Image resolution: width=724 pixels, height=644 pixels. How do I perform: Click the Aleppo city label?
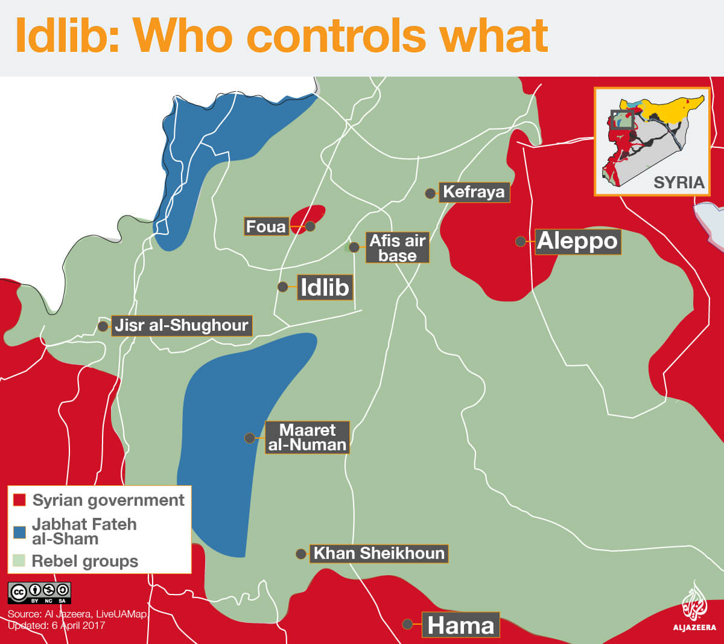click(577, 241)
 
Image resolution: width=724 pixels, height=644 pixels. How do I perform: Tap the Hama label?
click(461, 625)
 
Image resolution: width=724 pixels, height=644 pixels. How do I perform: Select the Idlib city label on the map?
click(325, 287)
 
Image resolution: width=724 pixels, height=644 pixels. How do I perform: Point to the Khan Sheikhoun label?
click(379, 553)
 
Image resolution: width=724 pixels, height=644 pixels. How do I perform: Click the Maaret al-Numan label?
click(307, 437)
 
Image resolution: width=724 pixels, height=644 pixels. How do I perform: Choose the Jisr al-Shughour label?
click(181, 325)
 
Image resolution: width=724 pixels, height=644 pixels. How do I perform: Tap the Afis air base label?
click(398, 247)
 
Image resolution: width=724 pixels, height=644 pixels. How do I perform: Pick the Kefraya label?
click(474, 192)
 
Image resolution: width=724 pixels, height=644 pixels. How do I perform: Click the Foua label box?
click(265, 226)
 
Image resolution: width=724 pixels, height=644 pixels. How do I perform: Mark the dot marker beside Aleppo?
click(520, 241)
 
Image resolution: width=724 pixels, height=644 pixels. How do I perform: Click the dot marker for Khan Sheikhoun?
click(300, 553)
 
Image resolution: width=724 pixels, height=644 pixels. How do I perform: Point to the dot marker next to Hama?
click(408, 624)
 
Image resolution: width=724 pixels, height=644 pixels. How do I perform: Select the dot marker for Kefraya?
click(430, 193)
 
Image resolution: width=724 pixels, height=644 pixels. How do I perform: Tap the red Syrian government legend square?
click(19, 500)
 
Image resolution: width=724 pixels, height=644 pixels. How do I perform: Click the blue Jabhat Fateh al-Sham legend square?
click(19, 532)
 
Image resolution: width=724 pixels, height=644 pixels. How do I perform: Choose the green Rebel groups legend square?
click(19, 561)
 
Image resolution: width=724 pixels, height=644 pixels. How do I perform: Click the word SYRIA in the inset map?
click(679, 182)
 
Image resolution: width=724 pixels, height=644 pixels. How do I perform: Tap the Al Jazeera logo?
click(694, 607)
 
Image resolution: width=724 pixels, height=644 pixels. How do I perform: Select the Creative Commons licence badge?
click(39, 592)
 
